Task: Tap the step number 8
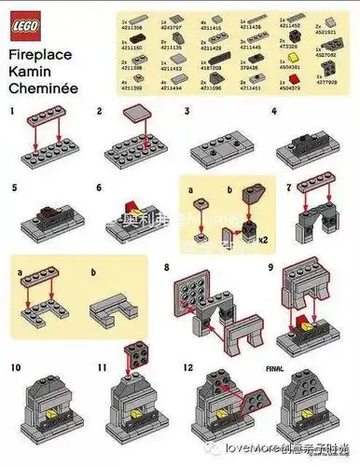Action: coord(167,267)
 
